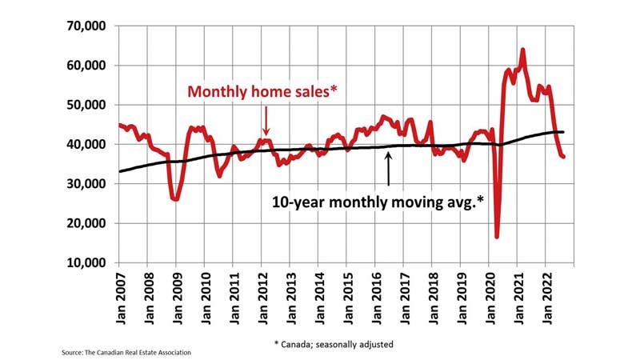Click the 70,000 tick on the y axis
83,26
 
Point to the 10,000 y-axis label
83,262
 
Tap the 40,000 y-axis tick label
83,144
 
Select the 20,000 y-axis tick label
83,223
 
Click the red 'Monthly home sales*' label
262,92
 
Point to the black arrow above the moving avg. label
389,168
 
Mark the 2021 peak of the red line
522,50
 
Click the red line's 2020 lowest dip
497,236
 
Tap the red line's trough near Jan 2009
175,198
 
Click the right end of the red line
563,157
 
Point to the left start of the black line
119,171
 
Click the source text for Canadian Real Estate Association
126,351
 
